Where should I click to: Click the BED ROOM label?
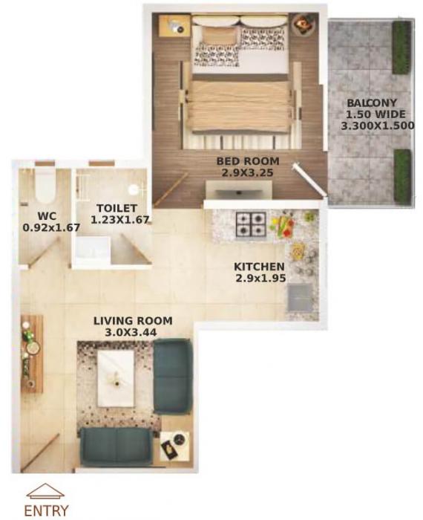(248, 160)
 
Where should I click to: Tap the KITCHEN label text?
(259, 267)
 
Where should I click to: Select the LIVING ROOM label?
(133, 321)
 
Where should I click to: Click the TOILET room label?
(110, 209)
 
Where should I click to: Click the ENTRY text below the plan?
(46, 510)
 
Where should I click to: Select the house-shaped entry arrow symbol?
(46, 492)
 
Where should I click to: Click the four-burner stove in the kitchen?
(251, 224)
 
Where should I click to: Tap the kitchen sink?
(300, 296)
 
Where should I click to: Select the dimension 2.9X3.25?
(248, 172)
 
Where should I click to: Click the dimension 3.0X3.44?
(133, 333)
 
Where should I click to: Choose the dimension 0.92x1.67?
(42, 227)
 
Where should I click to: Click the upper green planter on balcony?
(401, 48)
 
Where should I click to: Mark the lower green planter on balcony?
(401, 175)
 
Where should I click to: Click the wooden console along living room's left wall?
(32, 354)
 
